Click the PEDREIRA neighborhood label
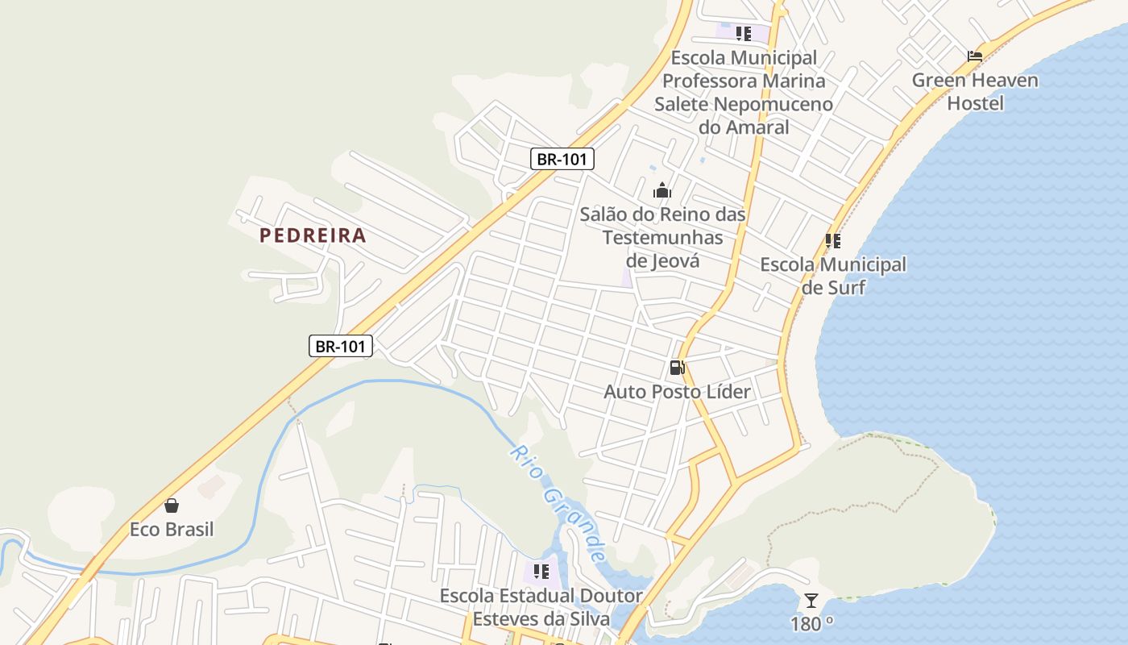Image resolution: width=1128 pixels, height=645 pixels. pyautogui.click(x=313, y=235)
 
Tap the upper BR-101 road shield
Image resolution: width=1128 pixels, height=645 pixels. pyautogui.click(x=562, y=159)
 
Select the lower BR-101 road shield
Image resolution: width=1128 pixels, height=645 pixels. pyautogui.click(x=340, y=347)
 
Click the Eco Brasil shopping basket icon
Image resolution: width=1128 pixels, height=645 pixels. pyautogui.click(x=172, y=506)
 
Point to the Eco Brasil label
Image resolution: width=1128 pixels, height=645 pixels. pyautogui.click(x=172, y=530)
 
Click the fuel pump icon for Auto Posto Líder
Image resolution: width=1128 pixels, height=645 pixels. pyautogui.click(x=677, y=368)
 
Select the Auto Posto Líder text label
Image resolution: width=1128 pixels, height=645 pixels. pyautogui.click(x=677, y=392)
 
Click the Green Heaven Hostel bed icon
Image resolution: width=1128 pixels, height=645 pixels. pyautogui.click(x=975, y=56)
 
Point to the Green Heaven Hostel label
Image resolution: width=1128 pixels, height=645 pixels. pyautogui.click(x=975, y=91)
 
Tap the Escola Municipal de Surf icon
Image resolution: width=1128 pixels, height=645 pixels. pyautogui.click(x=833, y=240)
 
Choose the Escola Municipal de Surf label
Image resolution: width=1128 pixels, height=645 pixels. pyautogui.click(x=833, y=276)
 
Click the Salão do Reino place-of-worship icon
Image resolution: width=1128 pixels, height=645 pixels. pyautogui.click(x=662, y=191)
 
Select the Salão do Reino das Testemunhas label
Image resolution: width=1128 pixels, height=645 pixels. pyautogui.click(x=662, y=237)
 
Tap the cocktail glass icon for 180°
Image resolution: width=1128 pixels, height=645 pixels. pyautogui.click(x=811, y=601)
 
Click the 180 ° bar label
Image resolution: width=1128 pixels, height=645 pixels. pyautogui.click(x=811, y=624)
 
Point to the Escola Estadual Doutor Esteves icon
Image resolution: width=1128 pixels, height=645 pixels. pyautogui.click(x=541, y=572)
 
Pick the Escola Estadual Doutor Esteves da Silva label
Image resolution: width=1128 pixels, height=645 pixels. pyautogui.click(x=541, y=607)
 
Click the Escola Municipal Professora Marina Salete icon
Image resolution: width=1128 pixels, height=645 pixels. pyautogui.click(x=743, y=34)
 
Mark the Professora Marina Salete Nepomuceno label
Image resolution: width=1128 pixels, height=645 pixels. pyautogui.click(x=744, y=92)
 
